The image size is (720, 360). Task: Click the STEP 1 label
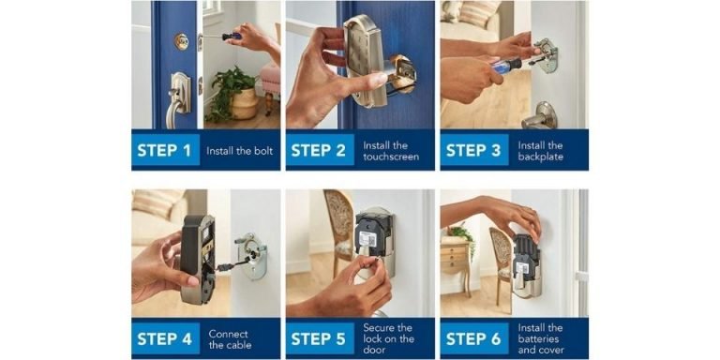click(164, 151)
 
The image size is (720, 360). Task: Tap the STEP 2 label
click(318, 151)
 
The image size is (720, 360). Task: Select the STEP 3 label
click(472, 151)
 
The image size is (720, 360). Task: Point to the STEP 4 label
click(164, 338)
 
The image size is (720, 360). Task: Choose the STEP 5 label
click(318, 338)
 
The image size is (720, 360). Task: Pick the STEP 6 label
click(472, 338)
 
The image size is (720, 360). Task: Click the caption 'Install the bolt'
click(239, 151)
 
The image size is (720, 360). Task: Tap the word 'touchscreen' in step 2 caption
click(391, 157)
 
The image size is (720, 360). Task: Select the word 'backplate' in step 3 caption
click(540, 157)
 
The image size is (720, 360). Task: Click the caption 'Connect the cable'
click(230, 339)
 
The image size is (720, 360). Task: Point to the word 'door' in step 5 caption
click(374, 351)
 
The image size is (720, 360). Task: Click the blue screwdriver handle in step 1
click(232, 36)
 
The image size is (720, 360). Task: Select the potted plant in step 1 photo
click(232, 93)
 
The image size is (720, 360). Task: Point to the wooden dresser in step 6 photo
click(454, 260)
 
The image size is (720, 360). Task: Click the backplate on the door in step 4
click(252, 255)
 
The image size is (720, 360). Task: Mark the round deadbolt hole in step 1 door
click(181, 41)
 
